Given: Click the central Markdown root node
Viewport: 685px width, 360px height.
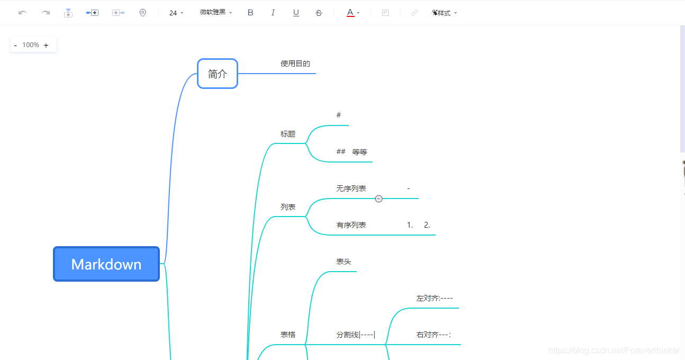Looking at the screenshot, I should coord(106,264).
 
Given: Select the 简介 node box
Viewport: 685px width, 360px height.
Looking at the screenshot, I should coord(218,74).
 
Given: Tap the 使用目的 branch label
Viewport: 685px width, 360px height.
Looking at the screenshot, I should coord(295,64).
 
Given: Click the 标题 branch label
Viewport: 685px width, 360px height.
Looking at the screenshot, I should coord(288,134).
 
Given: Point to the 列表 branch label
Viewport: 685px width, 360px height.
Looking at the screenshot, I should coord(288,207).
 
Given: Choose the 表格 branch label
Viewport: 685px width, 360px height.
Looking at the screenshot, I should coord(288,335).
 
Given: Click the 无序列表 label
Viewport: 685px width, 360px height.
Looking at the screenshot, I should coord(351,188).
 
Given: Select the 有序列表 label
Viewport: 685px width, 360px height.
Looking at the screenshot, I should coord(351,225).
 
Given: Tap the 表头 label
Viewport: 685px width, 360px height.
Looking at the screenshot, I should coord(344,262).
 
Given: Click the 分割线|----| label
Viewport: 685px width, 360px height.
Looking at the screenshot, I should coord(356,335).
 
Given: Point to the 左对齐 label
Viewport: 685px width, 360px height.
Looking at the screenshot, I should coord(435,298).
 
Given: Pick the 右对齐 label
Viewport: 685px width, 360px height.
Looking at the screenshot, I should coord(434,335).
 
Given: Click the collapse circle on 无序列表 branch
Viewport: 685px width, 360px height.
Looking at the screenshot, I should coord(378,199).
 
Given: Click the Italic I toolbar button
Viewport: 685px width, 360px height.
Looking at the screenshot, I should coord(273,13).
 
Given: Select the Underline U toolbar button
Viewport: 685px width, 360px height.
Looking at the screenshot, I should coord(296,13).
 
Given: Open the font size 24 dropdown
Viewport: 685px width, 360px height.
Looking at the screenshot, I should coord(176,13).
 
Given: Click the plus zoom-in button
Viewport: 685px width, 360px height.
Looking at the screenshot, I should coord(46,46).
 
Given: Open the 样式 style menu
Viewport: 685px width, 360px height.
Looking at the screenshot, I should coord(444,13).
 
